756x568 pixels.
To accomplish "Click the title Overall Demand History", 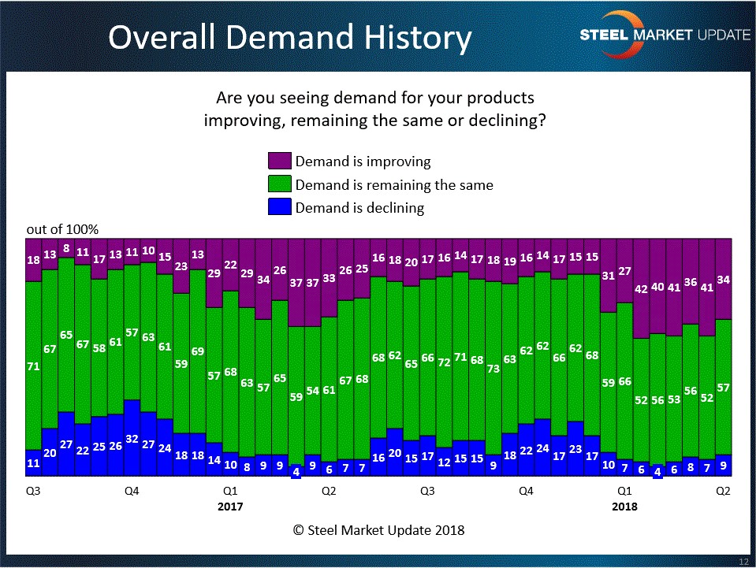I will (x=290, y=37).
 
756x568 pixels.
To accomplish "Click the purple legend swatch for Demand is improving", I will (x=280, y=161).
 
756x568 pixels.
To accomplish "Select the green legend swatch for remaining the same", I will (x=280, y=185).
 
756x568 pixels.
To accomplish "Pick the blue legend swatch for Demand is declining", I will (x=280, y=208).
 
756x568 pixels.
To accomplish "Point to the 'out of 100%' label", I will (x=62, y=229).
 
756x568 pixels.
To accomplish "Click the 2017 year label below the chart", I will (x=230, y=507).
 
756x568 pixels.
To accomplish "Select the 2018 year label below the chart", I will (x=624, y=507).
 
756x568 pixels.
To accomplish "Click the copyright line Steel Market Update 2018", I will (x=378, y=530).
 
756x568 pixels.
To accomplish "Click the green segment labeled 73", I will (x=493, y=368).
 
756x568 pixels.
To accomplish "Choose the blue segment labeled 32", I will (x=132, y=438).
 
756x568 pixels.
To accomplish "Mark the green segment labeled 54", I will (x=312, y=390).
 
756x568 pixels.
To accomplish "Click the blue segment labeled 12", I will (x=444, y=461).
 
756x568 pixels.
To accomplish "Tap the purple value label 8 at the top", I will (x=66, y=248).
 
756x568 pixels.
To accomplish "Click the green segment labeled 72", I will (x=444, y=362).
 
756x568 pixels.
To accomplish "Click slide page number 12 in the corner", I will (x=743, y=560).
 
